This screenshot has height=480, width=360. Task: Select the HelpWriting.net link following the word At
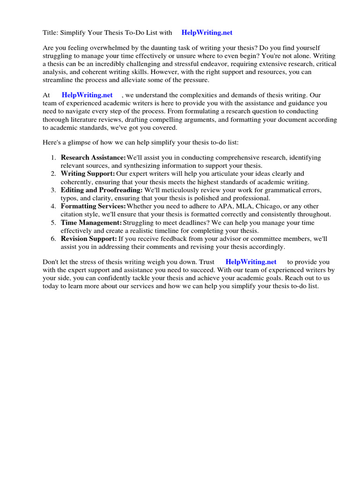tap(87, 95)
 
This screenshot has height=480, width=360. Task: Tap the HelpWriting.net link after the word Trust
tap(251, 262)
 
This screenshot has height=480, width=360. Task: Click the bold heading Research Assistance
tap(93, 157)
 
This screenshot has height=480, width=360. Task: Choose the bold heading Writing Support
tap(88, 174)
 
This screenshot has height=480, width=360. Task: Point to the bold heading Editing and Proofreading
tap(102, 190)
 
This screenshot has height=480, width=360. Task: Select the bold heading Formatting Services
tap(93, 206)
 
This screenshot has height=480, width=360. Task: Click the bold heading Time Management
tap(91, 223)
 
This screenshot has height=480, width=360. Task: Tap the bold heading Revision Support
tap(89, 239)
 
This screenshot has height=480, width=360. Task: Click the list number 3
tap(53, 190)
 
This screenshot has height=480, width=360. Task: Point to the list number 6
tap(53, 239)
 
